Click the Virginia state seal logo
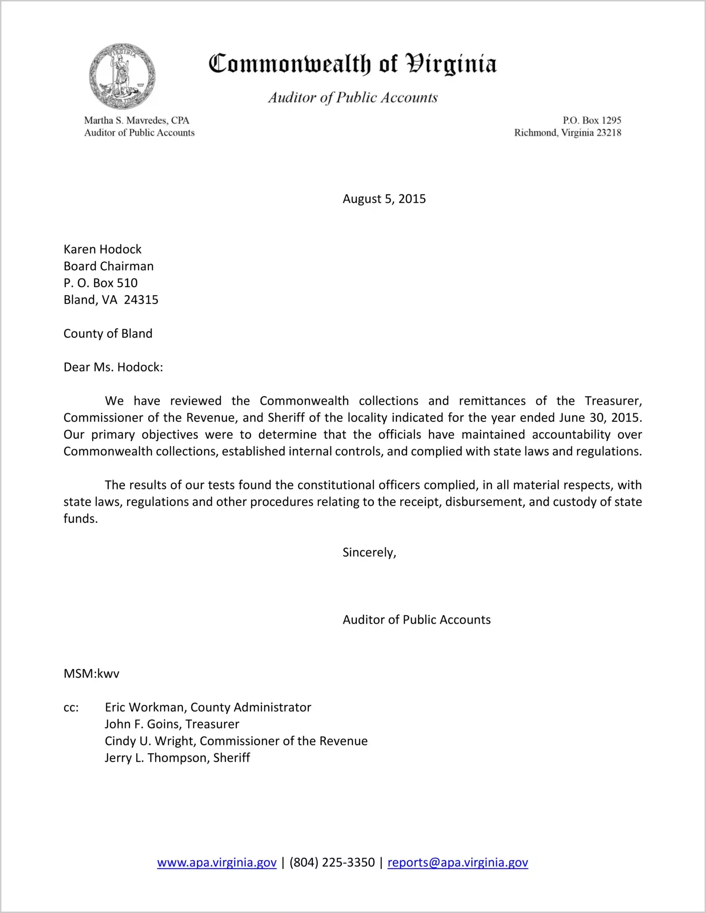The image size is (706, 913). click(122, 76)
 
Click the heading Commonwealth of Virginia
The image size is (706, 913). click(353, 64)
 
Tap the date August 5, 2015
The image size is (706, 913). click(384, 199)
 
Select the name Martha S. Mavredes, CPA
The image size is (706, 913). click(137, 120)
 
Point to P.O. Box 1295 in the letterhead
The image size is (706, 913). click(592, 120)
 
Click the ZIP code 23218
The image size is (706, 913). click(609, 132)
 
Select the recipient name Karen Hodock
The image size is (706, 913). click(103, 249)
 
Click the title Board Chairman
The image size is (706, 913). click(109, 266)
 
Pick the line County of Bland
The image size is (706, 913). click(108, 333)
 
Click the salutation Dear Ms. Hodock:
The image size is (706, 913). click(113, 367)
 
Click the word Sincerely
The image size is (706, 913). click(369, 552)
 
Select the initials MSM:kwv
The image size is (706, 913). click(91, 673)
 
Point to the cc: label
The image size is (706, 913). click(71, 707)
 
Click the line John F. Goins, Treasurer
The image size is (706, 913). click(172, 724)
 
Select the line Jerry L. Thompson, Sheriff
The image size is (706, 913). click(177, 757)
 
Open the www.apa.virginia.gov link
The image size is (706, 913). click(216, 862)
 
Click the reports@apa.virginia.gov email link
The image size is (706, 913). click(457, 862)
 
